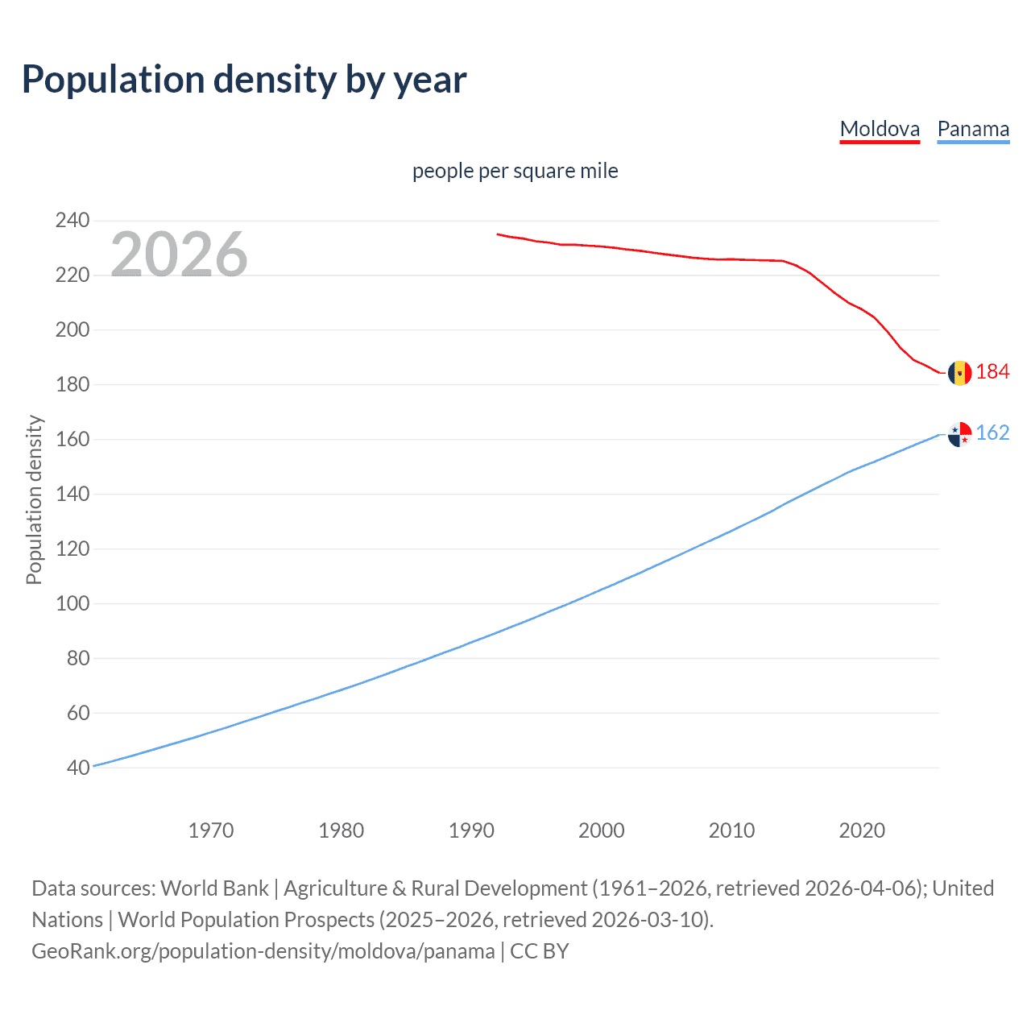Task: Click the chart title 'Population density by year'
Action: click(x=244, y=80)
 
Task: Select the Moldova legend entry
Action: click(x=880, y=130)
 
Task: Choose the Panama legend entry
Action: click(x=973, y=130)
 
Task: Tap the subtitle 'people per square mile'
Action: click(x=515, y=171)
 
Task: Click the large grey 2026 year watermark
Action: click(x=179, y=255)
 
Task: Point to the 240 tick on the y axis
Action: click(x=72, y=220)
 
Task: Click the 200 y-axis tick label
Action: click(x=72, y=329)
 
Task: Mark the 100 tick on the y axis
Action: click(x=72, y=603)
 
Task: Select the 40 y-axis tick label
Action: click(x=78, y=768)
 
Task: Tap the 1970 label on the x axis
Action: click(x=211, y=830)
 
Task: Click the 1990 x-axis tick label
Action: click(x=471, y=830)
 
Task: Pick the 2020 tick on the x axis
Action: click(x=862, y=830)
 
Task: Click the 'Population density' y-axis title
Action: click(x=34, y=499)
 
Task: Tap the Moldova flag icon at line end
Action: click(x=959, y=373)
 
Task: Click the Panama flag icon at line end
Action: click(x=959, y=434)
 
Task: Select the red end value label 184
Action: click(x=992, y=371)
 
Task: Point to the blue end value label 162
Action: click(x=992, y=433)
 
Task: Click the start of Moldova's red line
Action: click(x=499, y=234)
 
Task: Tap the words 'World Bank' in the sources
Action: click(x=214, y=888)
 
